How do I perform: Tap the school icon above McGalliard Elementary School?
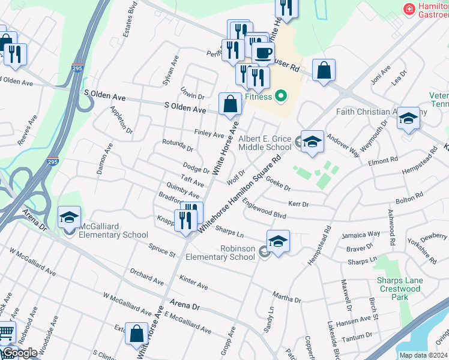(x=69, y=217)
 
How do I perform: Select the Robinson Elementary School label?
(x=220, y=253)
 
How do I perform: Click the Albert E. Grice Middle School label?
(x=265, y=143)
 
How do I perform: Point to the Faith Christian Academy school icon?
(x=408, y=118)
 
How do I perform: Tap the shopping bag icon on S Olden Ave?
(x=230, y=104)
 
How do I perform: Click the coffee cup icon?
(x=262, y=52)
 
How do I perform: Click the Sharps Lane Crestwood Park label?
(x=399, y=285)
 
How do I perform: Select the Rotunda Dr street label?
(x=178, y=145)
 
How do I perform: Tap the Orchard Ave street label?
(x=146, y=277)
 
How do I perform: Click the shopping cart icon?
(x=5, y=331)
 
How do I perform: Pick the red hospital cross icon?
(x=409, y=10)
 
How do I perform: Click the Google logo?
(x=20, y=352)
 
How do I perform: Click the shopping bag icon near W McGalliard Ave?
(x=137, y=333)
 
